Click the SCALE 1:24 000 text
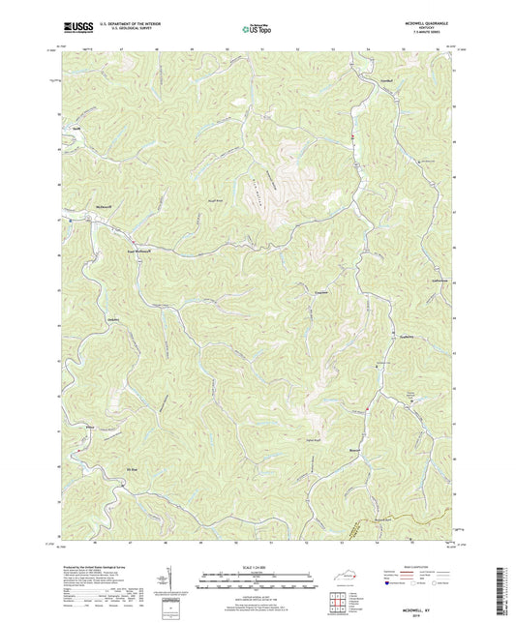[258, 566]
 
